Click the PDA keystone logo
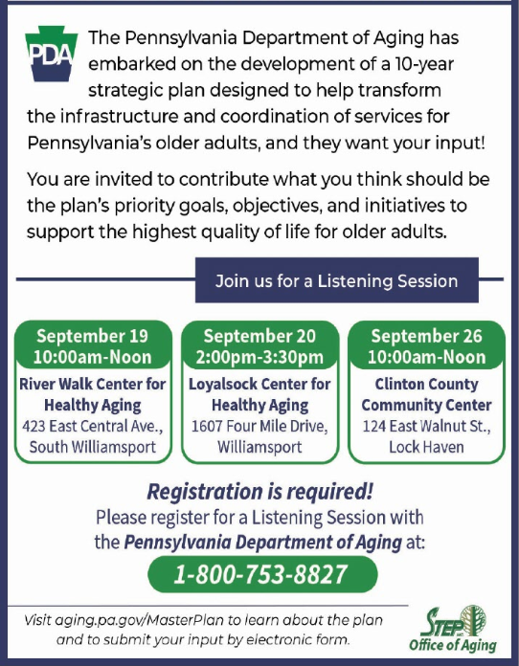52,54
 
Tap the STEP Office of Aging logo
453,629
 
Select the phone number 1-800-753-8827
260,574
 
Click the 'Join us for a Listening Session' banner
337,280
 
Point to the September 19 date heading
92,336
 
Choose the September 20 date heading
259,336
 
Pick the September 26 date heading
427,336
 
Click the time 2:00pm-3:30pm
259,357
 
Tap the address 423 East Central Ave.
93,426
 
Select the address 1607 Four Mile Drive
259,426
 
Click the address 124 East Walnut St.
427,426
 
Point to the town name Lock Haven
427,447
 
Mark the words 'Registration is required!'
260,492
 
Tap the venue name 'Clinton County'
427,385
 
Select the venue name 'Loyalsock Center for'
259,384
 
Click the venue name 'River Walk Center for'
93,384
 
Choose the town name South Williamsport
93,447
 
